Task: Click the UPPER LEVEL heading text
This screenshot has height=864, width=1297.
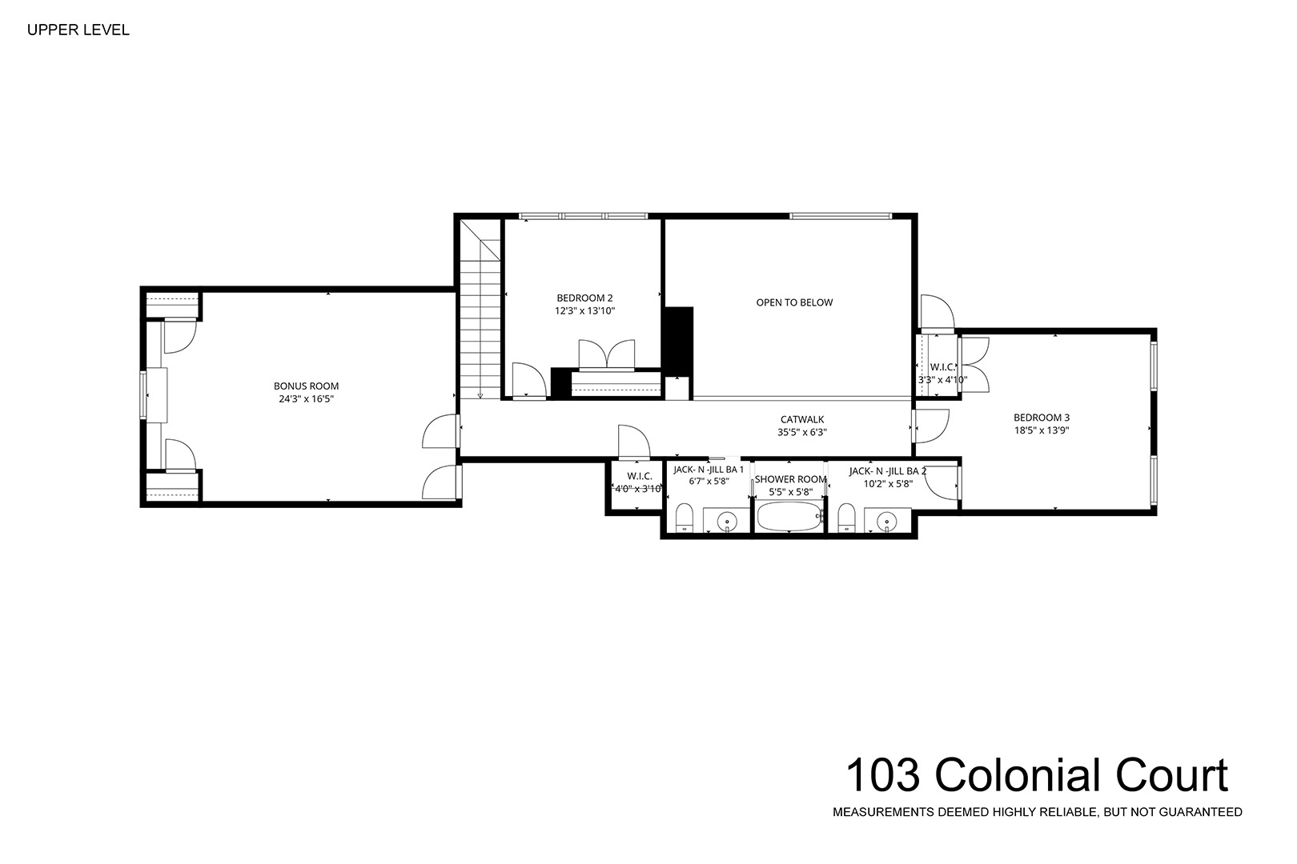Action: tap(78, 30)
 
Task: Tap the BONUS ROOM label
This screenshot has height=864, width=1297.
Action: tap(307, 386)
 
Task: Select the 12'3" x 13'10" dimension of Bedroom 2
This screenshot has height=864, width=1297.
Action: tap(584, 310)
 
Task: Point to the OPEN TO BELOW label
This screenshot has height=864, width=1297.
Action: tap(794, 302)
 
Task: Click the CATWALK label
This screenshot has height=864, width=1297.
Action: tap(802, 419)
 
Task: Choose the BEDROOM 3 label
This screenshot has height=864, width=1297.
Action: tap(1042, 418)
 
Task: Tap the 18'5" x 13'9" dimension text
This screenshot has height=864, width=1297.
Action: tap(1042, 430)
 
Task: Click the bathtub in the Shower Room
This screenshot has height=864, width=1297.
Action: tap(789, 516)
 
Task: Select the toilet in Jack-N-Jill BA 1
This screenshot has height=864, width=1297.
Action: tap(685, 518)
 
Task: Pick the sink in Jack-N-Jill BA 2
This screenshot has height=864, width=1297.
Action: tap(887, 522)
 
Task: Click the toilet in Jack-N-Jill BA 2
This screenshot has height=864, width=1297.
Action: tap(846, 518)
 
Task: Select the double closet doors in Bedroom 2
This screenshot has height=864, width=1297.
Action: tap(607, 354)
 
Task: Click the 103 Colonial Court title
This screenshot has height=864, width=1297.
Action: tap(1037, 775)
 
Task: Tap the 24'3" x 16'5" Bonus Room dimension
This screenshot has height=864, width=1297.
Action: tap(307, 399)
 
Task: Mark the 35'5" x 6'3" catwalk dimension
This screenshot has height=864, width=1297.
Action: tap(802, 433)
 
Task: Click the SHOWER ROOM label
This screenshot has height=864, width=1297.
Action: tap(790, 479)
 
